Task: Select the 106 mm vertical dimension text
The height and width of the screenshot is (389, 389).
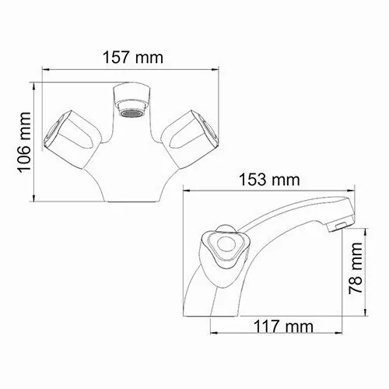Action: coord(23,141)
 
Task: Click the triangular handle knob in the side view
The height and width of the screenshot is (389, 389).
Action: coord(226,248)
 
